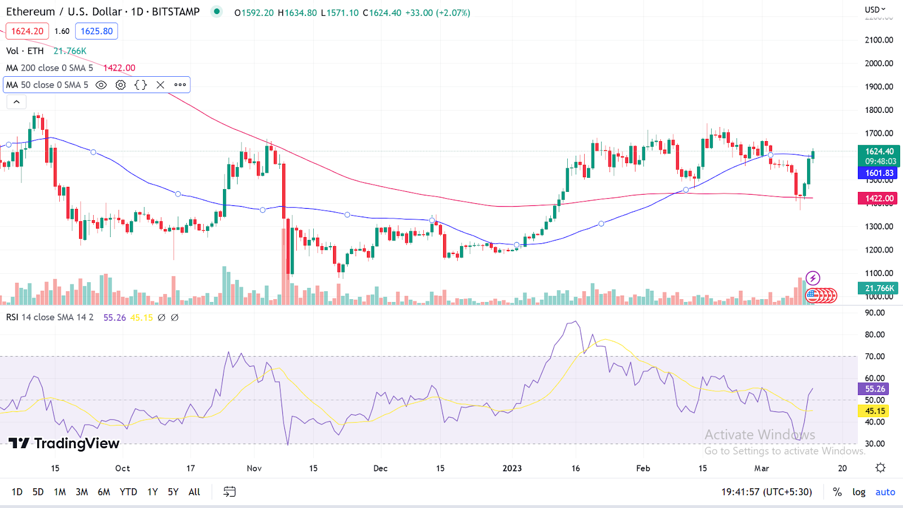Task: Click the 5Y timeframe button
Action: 173,492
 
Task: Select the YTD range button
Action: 128,492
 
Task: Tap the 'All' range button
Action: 194,492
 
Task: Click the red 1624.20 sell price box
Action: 27,31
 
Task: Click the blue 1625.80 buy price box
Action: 97,31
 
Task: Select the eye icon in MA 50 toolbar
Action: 101,85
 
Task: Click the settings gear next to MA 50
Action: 121,85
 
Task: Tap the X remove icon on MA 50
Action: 160,85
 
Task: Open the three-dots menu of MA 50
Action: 180,85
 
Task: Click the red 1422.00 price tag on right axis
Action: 878,198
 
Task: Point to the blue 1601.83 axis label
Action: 878,173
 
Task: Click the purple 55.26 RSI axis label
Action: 874,389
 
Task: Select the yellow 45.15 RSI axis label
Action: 874,411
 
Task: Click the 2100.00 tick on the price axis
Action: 879,40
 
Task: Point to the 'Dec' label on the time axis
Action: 380,468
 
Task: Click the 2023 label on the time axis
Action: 512,468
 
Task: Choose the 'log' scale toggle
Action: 858,492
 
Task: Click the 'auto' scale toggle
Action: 885,492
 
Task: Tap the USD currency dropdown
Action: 875,10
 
